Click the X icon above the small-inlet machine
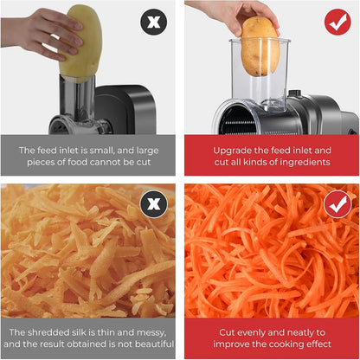click(153, 22)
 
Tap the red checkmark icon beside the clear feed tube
click(337, 22)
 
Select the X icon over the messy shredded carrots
click(153, 205)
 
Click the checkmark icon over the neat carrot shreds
click(337, 205)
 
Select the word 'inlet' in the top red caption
click(310, 149)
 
